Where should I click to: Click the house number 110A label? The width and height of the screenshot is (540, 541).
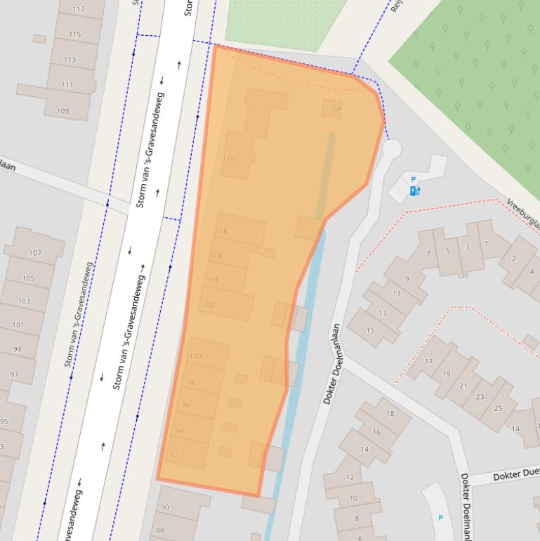tap(332, 109)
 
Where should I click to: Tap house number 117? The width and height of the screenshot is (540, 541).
tap(78, 10)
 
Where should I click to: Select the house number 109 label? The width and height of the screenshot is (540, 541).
tap(62, 111)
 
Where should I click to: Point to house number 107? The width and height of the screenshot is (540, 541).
tap(34, 253)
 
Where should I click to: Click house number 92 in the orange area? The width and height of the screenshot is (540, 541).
tap(174, 455)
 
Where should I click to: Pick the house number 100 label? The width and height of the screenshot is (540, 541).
tap(195, 356)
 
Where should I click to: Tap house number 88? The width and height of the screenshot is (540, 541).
tap(159, 530)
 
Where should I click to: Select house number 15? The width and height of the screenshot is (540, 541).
tap(370, 331)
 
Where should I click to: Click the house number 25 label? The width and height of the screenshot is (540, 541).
tap(498, 408)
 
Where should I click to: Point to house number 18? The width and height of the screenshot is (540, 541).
tap(390, 414)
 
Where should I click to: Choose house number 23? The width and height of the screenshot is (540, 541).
tap(480, 397)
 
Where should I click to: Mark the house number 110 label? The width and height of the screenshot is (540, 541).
tap(229, 159)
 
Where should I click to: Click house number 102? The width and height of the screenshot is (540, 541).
tap(209, 305)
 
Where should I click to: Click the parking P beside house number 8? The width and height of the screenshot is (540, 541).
tap(441, 518)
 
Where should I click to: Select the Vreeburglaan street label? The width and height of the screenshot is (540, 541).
tap(524, 214)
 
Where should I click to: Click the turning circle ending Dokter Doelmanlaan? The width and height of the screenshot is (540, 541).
tap(391, 148)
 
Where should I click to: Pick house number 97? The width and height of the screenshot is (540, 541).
tap(15, 374)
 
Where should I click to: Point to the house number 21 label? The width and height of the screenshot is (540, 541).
tap(463, 386)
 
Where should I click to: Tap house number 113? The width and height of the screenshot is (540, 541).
tap(70, 60)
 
